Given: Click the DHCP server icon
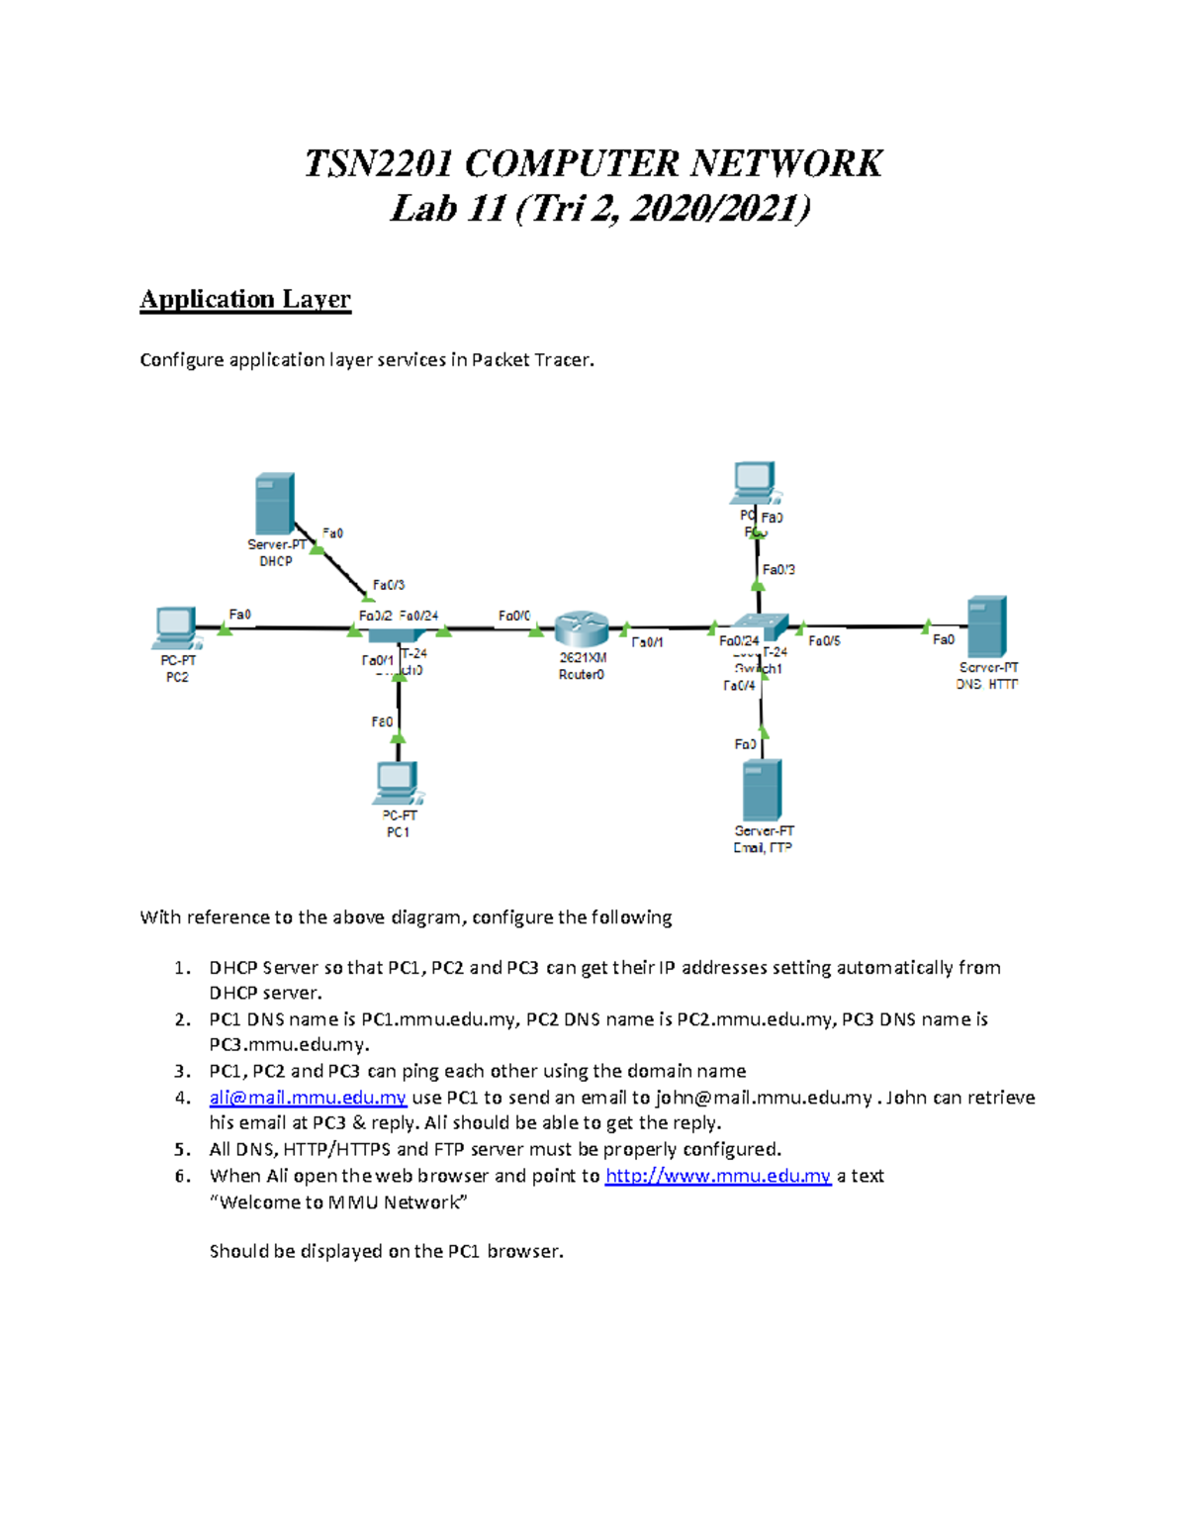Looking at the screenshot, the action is click(274, 505).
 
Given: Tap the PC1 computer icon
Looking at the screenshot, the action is click(398, 783).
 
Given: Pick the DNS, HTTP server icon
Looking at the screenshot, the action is click(986, 626).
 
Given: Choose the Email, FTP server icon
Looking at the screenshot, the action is click(763, 791).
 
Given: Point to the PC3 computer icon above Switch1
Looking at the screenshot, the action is click(755, 482).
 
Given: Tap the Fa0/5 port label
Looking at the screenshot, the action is click(824, 641).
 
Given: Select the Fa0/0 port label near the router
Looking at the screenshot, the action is click(514, 616).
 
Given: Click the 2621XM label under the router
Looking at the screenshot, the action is click(583, 657).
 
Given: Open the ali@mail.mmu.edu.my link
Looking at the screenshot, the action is click(308, 1098).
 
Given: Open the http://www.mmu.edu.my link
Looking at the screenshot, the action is click(717, 1176).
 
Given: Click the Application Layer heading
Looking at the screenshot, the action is click(245, 299).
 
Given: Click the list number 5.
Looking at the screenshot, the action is click(182, 1150).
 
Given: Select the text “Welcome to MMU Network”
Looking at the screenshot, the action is click(338, 1202).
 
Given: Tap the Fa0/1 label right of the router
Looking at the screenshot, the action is click(647, 642).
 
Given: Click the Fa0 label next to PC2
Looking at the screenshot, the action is click(239, 615).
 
